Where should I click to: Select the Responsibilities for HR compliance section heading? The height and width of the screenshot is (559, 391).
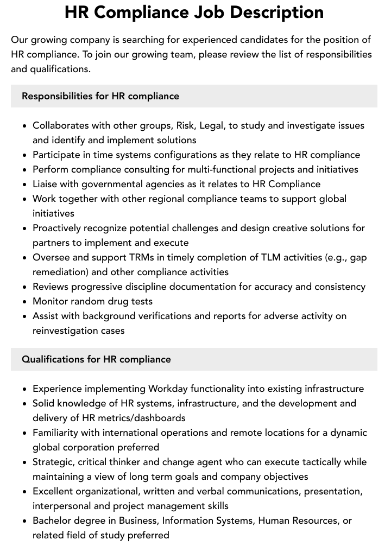pyautogui.click(x=100, y=96)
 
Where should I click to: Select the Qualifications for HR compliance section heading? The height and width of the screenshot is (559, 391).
pyautogui.click(x=96, y=359)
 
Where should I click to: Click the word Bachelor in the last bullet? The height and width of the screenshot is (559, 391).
pyautogui.click(x=52, y=520)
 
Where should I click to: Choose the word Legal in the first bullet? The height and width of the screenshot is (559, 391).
pyautogui.click(x=212, y=125)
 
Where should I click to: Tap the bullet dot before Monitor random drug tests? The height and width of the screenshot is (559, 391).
pyautogui.click(x=24, y=302)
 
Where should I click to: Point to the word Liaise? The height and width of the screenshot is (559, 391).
pyautogui.click(x=46, y=184)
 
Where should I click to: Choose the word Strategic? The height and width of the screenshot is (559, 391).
pyautogui.click(x=54, y=462)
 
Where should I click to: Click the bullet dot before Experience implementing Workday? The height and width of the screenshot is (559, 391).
pyautogui.click(x=24, y=389)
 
